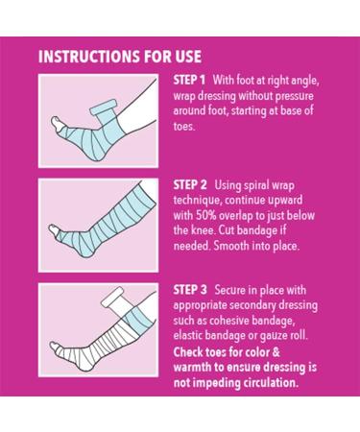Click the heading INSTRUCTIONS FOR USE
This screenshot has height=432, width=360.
(120, 57)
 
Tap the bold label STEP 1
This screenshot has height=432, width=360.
(189, 80)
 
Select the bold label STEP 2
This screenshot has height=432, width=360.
(190, 185)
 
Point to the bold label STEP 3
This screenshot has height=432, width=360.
(190, 290)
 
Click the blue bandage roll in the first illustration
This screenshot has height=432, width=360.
(103, 108)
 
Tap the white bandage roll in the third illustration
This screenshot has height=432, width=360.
(112, 297)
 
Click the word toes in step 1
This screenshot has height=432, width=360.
(183, 127)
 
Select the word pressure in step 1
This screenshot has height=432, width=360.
(295, 96)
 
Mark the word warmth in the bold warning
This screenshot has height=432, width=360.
(192, 367)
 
